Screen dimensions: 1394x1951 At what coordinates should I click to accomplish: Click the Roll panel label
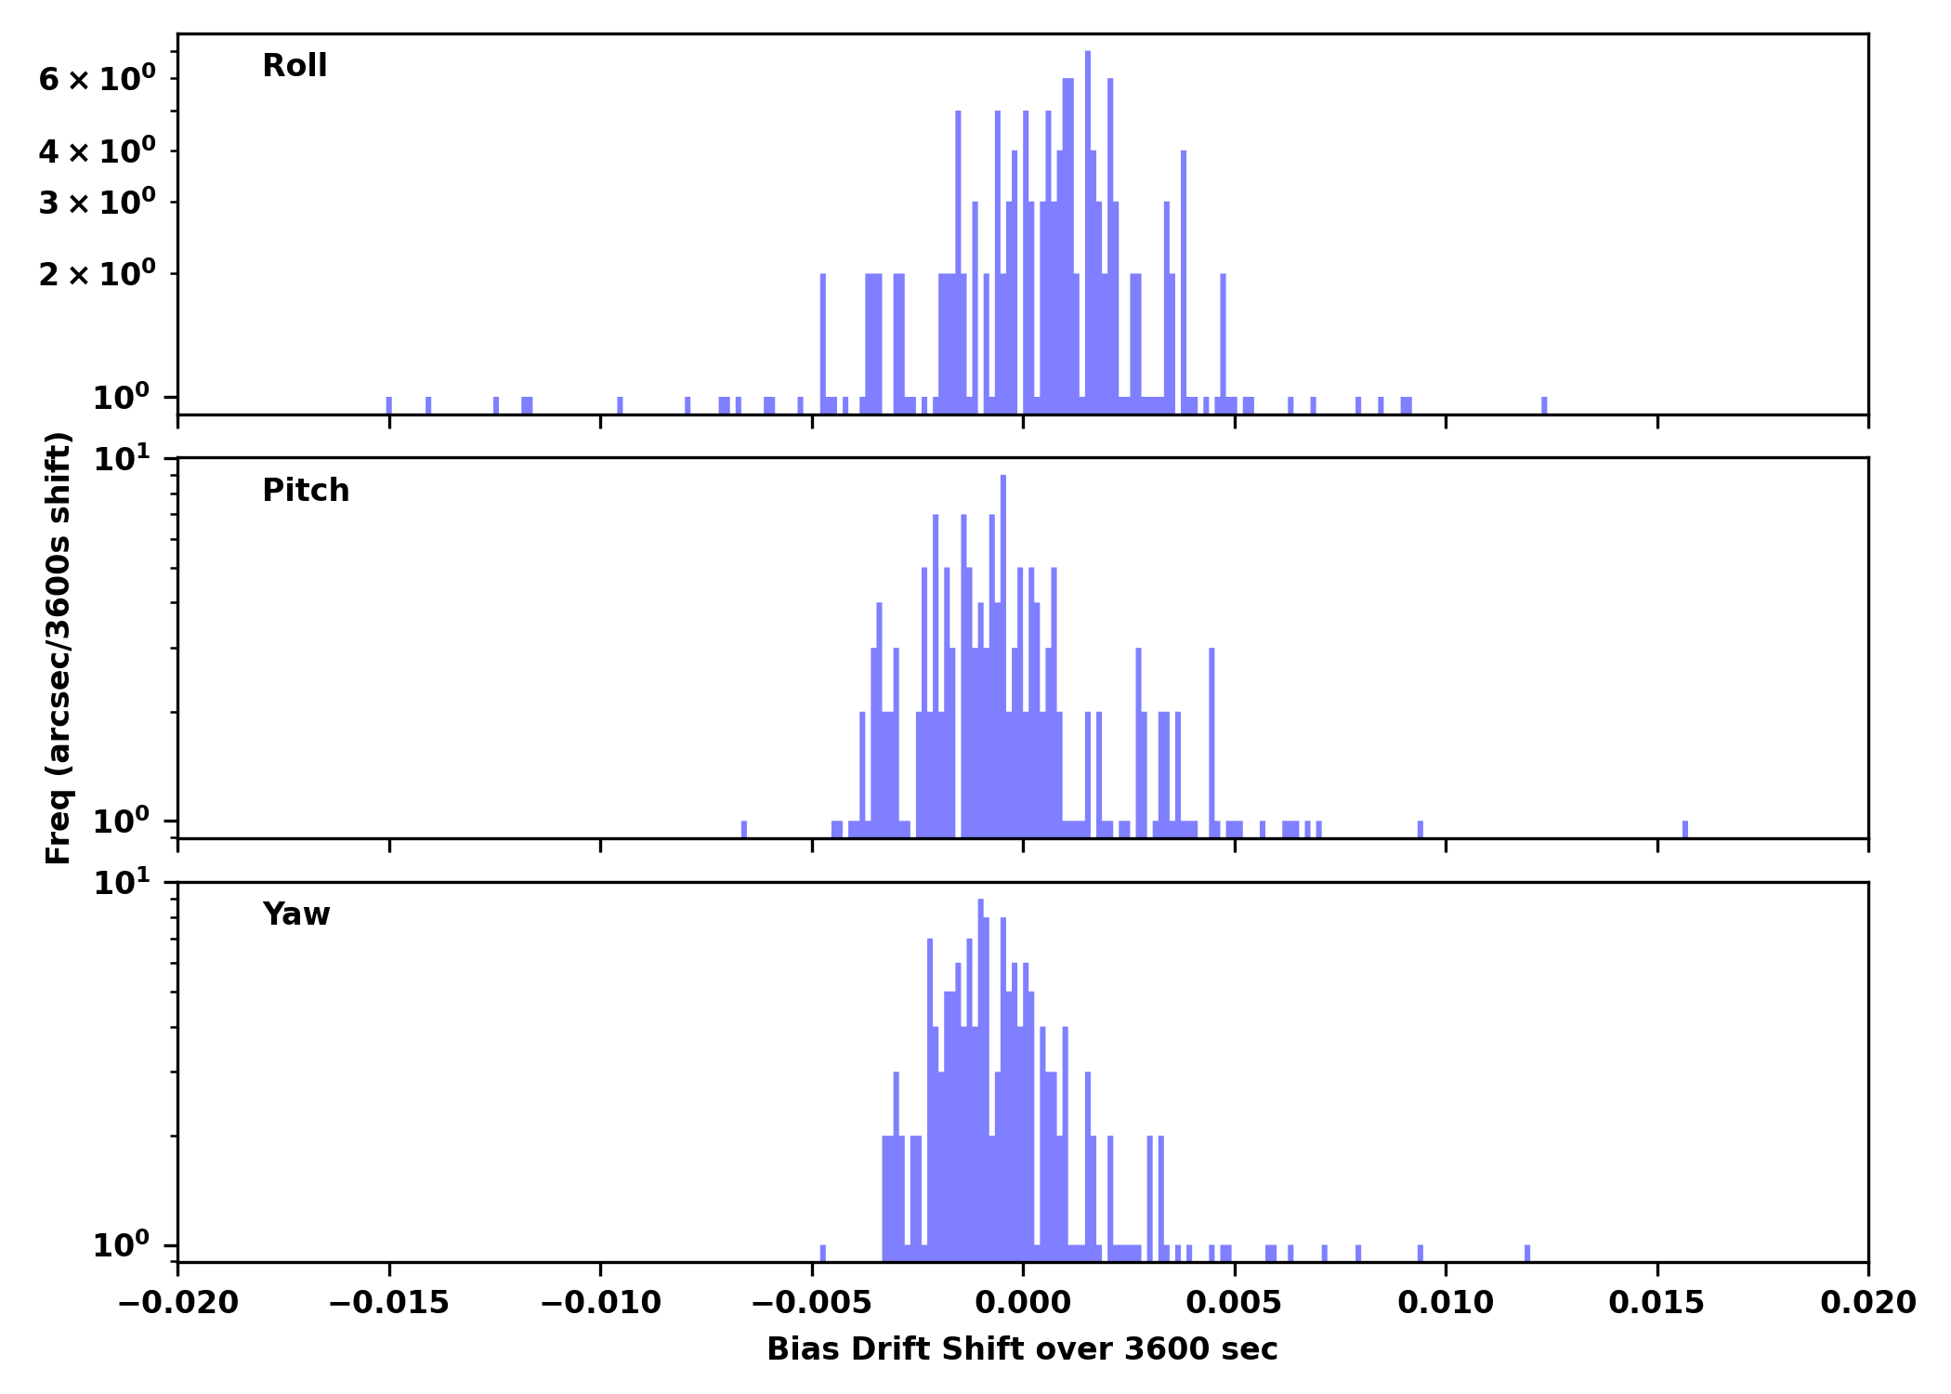pyautogui.click(x=295, y=66)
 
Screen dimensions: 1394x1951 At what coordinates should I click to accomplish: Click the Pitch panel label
pyautogui.click(x=306, y=491)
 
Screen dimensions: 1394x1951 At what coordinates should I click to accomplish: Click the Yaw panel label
pyautogui.click(x=296, y=914)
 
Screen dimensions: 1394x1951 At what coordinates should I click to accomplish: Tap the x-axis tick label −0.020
pyautogui.click(x=177, y=1303)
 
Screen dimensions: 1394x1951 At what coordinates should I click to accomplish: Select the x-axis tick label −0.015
pyautogui.click(x=388, y=1303)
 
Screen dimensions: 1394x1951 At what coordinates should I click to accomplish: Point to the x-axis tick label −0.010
pyautogui.click(x=600, y=1303)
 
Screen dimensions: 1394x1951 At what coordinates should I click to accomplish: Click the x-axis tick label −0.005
pyautogui.click(x=811, y=1303)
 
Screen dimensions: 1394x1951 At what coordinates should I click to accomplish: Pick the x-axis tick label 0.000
pyautogui.click(x=1023, y=1303)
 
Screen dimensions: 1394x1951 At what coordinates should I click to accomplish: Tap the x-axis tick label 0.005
pyautogui.click(x=1234, y=1303)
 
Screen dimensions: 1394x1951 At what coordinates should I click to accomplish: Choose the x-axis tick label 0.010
pyautogui.click(x=1446, y=1303)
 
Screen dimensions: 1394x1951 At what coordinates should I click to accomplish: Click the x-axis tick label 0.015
pyautogui.click(x=1656, y=1303)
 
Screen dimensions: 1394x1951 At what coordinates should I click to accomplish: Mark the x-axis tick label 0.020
pyautogui.click(x=1867, y=1303)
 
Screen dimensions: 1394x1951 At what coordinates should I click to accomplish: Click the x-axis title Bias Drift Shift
pyautogui.click(x=1022, y=1349)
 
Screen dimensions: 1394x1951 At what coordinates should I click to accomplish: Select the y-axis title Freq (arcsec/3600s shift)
pyautogui.click(x=59, y=648)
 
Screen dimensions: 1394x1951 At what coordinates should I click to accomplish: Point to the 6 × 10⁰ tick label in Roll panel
pyautogui.click(x=97, y=80)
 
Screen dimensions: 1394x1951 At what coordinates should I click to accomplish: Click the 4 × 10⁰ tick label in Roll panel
pyautogui.click(x=97, y=151)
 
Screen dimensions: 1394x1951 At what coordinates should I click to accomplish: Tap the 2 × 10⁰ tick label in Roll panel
pyautogui.click(x=97, y=274)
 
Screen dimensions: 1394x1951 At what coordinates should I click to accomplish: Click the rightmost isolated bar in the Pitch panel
pyautogui.click(x=1685, y=829)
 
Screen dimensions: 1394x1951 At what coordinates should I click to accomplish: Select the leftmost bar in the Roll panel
pyautogui.click(x=389, y=405)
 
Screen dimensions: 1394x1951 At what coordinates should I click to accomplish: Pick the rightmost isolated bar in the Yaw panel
pyautogui.click(x=1527, y=1253)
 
